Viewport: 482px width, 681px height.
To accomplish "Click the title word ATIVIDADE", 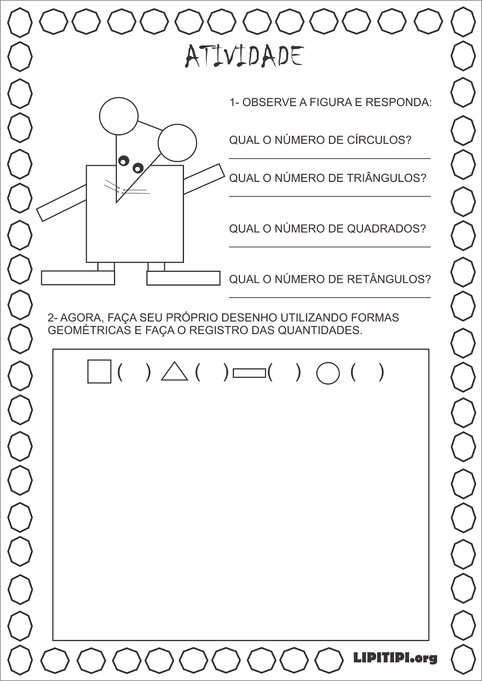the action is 244,56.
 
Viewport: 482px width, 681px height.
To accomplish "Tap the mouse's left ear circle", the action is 119,116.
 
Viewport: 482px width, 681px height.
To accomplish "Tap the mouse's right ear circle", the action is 177,143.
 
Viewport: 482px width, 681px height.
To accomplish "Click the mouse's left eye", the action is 124,161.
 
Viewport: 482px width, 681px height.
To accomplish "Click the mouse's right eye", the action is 138,168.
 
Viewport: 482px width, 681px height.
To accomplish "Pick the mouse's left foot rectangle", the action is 78,278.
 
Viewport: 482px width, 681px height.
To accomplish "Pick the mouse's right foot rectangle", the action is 183,278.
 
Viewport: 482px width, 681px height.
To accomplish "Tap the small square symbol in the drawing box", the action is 99,372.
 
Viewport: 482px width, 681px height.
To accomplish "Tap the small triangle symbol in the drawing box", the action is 175,372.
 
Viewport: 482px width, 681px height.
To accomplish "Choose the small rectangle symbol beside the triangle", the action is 250,373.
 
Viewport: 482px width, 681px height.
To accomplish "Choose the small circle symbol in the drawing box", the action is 328,373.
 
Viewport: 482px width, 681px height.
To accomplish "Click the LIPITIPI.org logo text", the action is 395,658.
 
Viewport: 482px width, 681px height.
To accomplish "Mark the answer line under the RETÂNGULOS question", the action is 330,298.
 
